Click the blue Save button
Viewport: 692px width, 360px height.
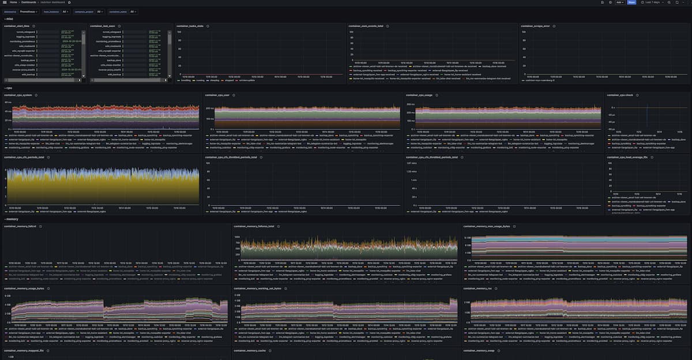point(631,2)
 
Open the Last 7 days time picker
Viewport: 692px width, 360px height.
point(651,2)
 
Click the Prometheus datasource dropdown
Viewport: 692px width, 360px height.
point(28,11)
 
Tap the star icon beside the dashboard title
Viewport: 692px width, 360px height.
point(69,2)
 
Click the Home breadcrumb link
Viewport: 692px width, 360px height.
point(13,2)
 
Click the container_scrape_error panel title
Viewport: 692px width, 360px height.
point(535,26)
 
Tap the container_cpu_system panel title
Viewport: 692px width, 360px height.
point(18,95)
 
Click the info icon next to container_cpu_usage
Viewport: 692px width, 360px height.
point(438,95)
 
